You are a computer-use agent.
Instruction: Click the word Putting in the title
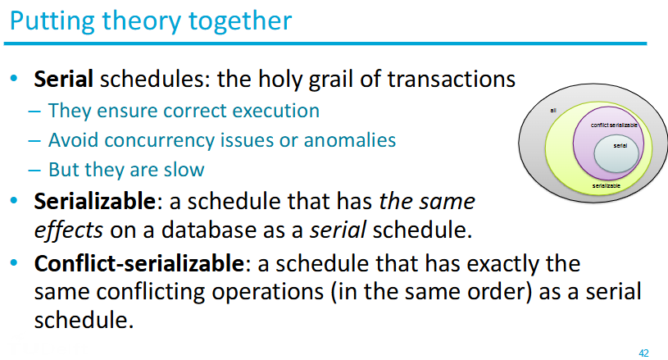coord(52,21)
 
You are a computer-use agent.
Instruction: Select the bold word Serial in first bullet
coord(63,79)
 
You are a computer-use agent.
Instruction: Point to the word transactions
coord(451,79)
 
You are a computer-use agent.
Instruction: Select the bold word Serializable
coord(95,201)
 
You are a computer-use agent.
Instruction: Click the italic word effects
coord(69,230)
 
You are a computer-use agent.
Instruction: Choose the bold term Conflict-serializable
coord(139,263)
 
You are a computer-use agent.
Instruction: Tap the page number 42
coord(643,353)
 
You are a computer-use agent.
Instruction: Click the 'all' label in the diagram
coord(553,111)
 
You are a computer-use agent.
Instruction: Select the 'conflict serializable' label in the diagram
coord(614,125)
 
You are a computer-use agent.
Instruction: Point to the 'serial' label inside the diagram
coord(620,146)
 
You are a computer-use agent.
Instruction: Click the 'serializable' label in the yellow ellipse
coord(607,186)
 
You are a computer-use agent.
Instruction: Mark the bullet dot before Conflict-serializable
coord(14,263)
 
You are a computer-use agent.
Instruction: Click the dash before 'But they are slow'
coord(34,171)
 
